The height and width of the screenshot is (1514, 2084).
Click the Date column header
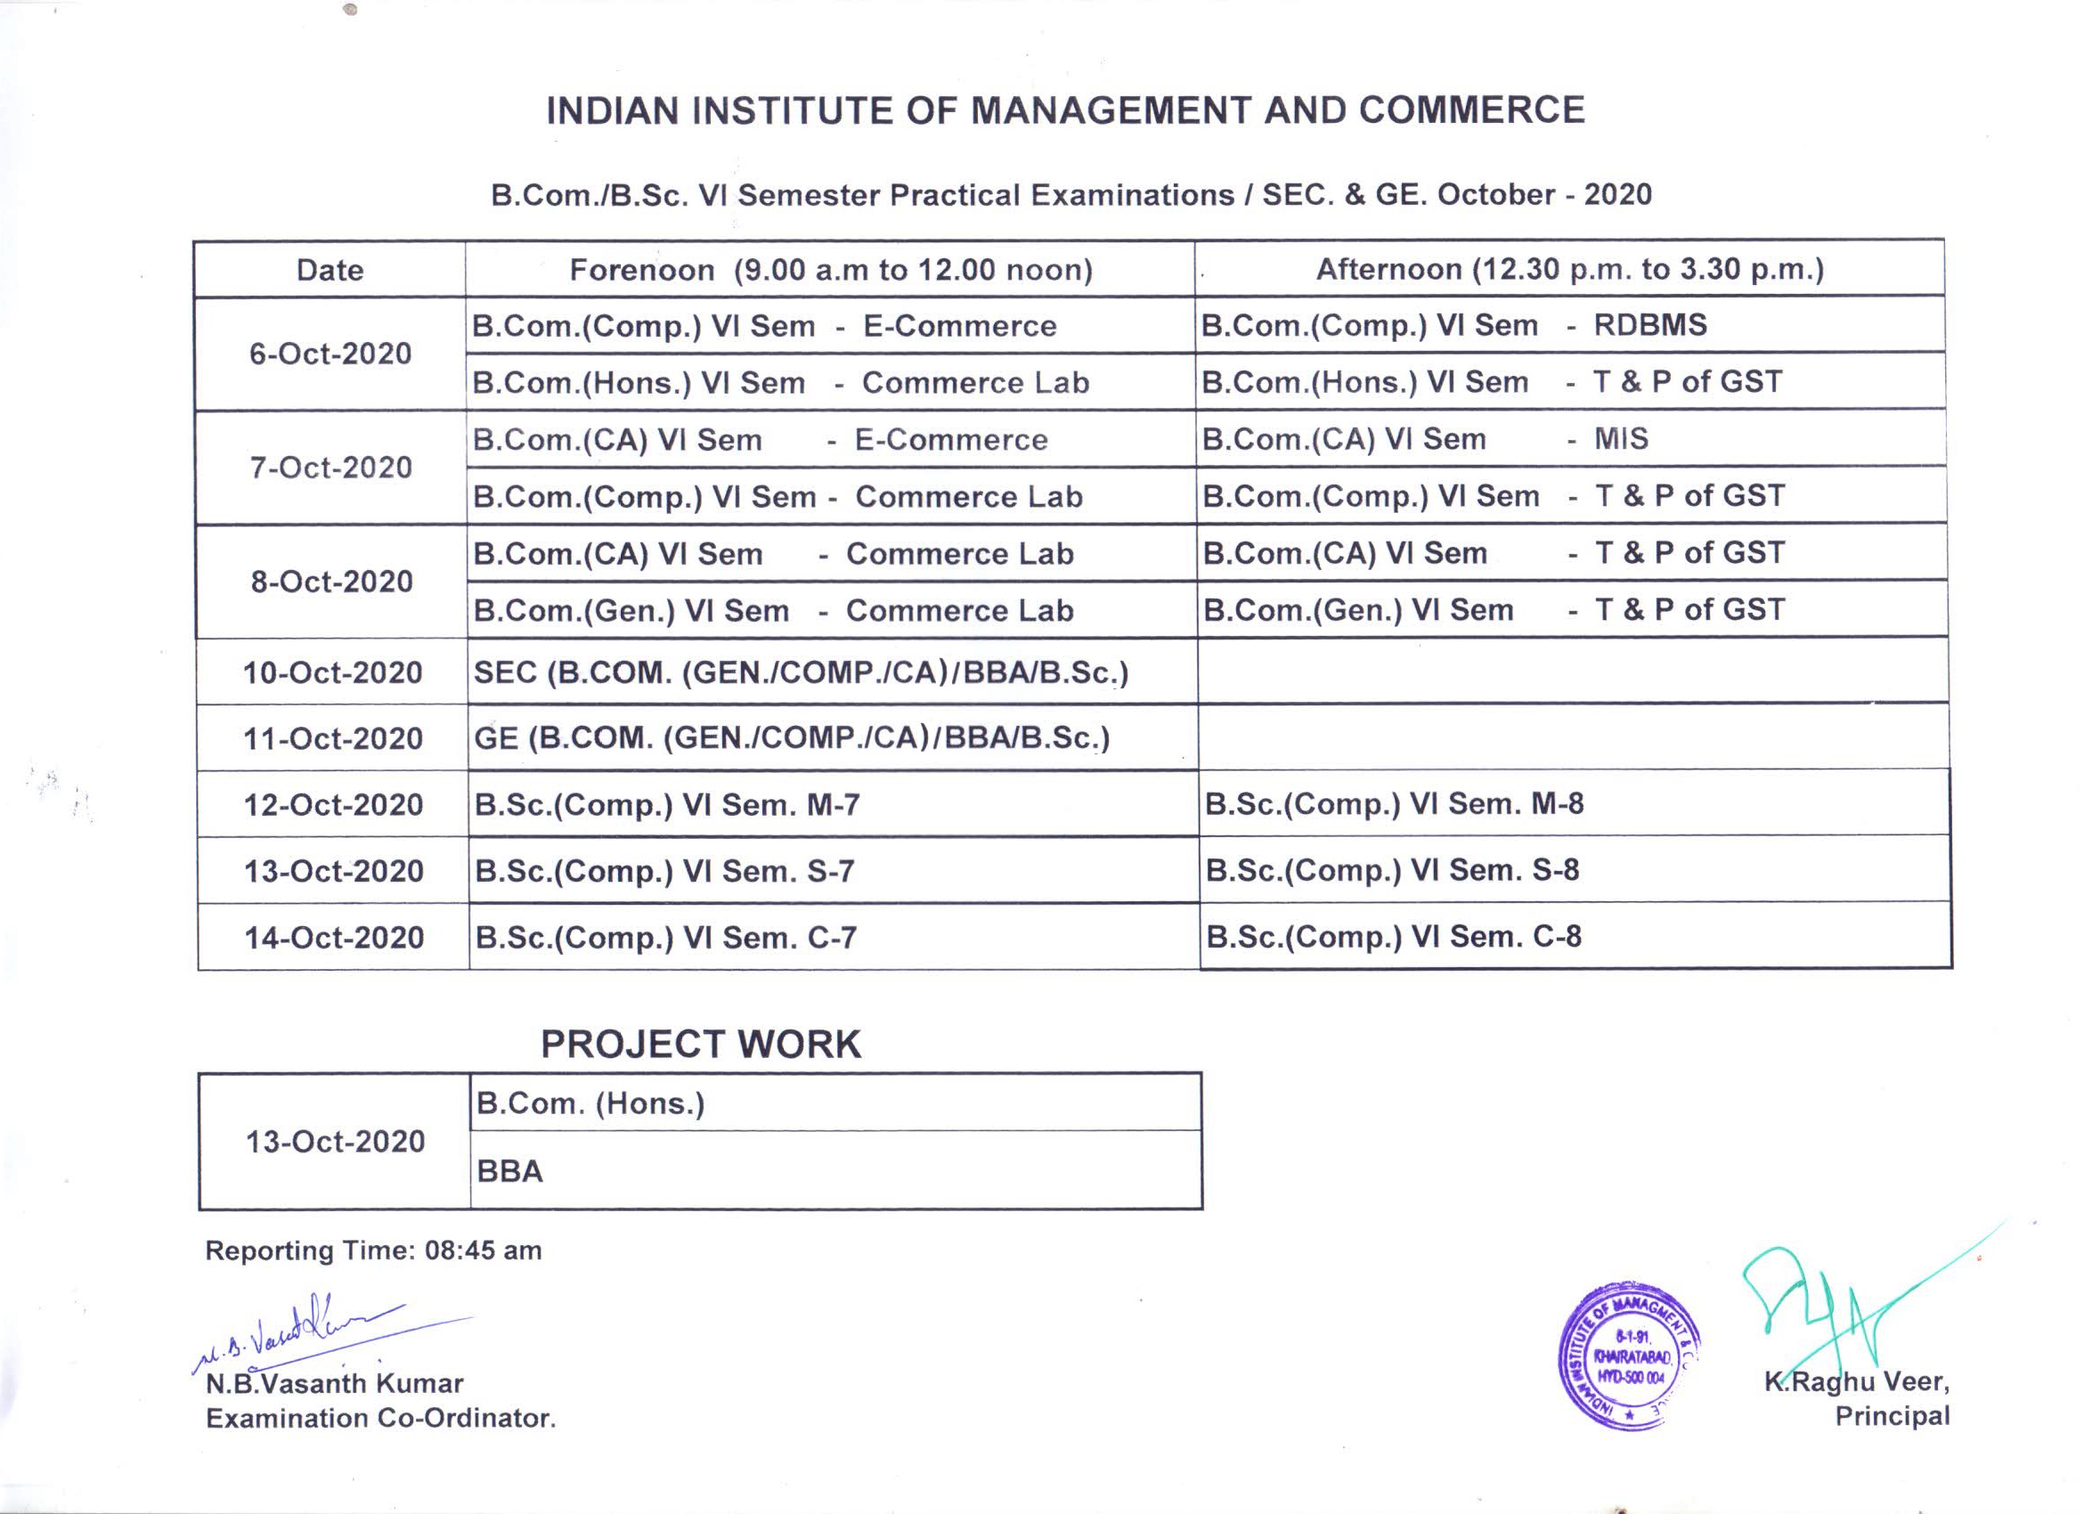(x=330, y=270)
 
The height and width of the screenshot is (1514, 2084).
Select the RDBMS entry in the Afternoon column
(x=1649, y=325)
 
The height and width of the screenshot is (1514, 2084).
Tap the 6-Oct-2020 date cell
(x=330, y=354)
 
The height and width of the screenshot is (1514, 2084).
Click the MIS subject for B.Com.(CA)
(x=1621, y=439)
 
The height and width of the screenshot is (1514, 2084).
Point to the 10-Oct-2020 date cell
(x=332, y=672)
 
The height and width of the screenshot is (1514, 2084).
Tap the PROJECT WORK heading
(x=700, y=1045)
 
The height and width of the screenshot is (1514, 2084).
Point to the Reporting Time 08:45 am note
(x=373, y=1250)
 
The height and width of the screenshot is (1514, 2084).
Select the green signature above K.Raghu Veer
(x=1828, y=1305)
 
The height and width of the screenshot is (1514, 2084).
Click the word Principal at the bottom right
(x=1892, y=1416)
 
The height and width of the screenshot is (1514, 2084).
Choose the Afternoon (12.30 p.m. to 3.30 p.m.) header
(x=1569, y=269)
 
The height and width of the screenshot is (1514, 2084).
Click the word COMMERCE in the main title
(x=1471, y=110)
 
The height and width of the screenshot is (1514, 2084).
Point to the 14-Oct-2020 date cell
(x=334, y=937)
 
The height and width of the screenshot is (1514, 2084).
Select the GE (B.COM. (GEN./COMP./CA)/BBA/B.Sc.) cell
(x=792, y=738)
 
